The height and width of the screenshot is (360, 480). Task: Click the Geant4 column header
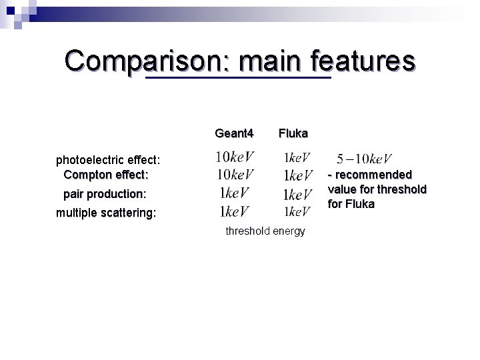[x=234, y=133]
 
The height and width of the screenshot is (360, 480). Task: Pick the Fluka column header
[x=293, y=133]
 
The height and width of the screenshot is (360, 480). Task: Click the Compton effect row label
[x=105, y=175]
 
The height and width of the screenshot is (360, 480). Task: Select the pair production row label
[x=104, y=194]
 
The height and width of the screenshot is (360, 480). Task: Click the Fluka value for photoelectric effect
[x=297, y=159]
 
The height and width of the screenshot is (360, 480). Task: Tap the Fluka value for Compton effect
[x=298, y=176]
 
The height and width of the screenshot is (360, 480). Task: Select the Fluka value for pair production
[x=298, y=195]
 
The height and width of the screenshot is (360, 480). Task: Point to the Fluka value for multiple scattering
[x=297, y=212]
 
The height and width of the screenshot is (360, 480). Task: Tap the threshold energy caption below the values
[x=265, y=231]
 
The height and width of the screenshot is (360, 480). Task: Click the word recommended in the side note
[x=373, y=175]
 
